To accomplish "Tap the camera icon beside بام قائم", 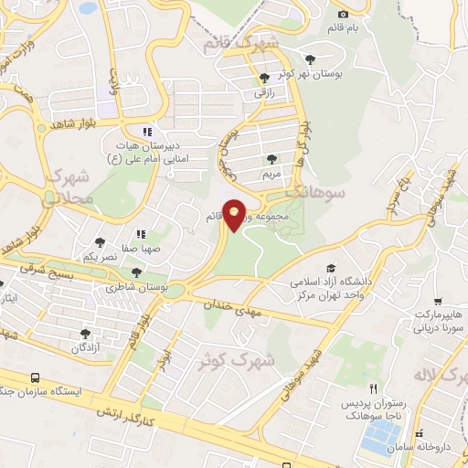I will pos(343,14).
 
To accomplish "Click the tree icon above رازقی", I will pos(264,78).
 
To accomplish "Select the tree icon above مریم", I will pos(271,158).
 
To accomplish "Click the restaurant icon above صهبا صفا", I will pos(141,233).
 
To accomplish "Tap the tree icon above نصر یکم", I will pos(100,243).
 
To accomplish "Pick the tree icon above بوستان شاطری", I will pos(136,271).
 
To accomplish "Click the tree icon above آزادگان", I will pos(85,334).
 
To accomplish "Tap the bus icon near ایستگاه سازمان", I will pos(35,378).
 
